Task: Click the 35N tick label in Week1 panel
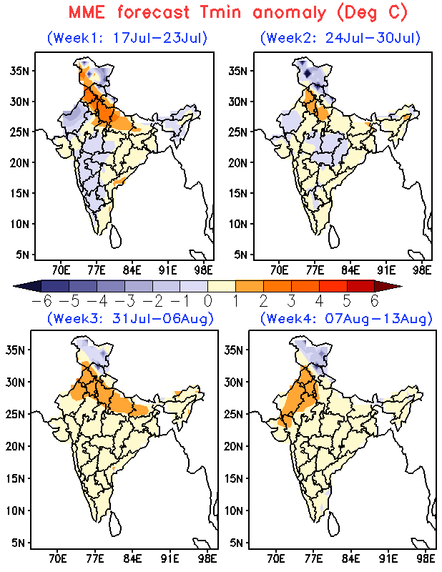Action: click(x=20, y=70)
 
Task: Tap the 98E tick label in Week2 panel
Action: click(x=422, y=270)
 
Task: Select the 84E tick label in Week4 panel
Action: click(x=350, y=558)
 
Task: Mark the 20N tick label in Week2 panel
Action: click(x=238, y=163)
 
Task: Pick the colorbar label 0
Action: click(x=207, y=301)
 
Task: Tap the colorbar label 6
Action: click(x=375, y=301)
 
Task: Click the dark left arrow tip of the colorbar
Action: click(x=13, y=286)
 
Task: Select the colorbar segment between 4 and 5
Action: click(x=333, y=286)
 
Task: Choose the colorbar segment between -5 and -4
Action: click(x=83, y=286)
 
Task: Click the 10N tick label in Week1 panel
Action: click(x=20, y=224)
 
